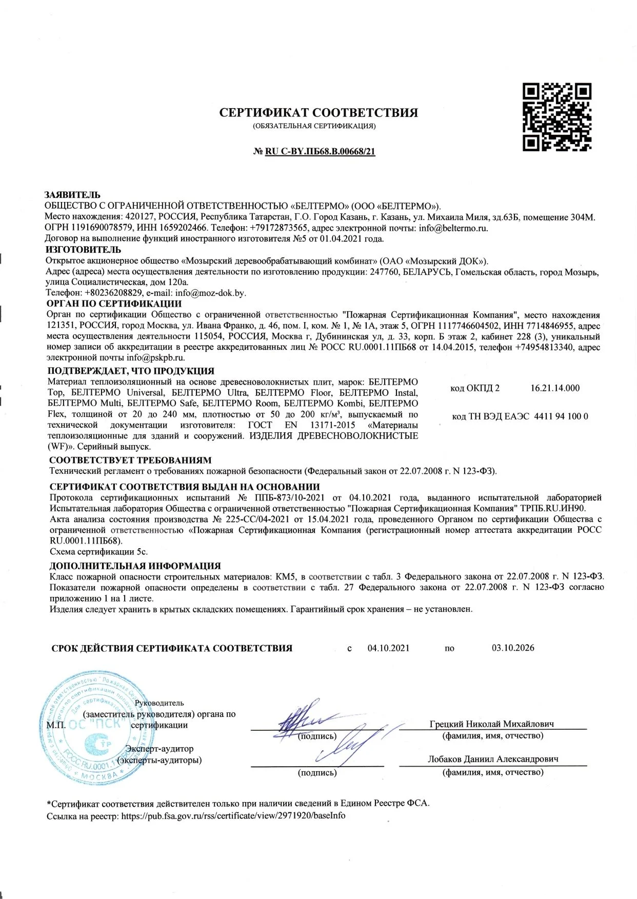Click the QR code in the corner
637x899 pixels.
(x=557, y=117)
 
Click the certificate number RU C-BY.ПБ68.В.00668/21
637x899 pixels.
(x=320, y=152)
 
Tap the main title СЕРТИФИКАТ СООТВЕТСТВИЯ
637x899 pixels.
(x=318, y=112)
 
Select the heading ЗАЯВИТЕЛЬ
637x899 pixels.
(x=72, y=195)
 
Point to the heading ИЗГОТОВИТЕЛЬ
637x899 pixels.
(x=83, y=250)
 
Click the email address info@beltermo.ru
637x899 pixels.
(x=453, y=228)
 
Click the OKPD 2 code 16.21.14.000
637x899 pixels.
(x=555, y=388)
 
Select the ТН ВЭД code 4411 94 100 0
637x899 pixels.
(x=561, y=416)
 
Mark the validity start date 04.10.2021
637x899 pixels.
(x=388, y=648)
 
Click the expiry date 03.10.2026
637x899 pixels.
(x=513, y=648)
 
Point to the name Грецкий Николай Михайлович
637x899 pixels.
(x=492, y=724)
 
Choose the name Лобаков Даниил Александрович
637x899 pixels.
(x=493, y=759)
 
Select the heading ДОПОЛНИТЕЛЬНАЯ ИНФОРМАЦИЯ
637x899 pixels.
(x=135, y=566)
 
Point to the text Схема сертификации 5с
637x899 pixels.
(x=98, y=552)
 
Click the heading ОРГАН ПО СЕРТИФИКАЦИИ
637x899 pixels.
(x=114, y=304)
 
